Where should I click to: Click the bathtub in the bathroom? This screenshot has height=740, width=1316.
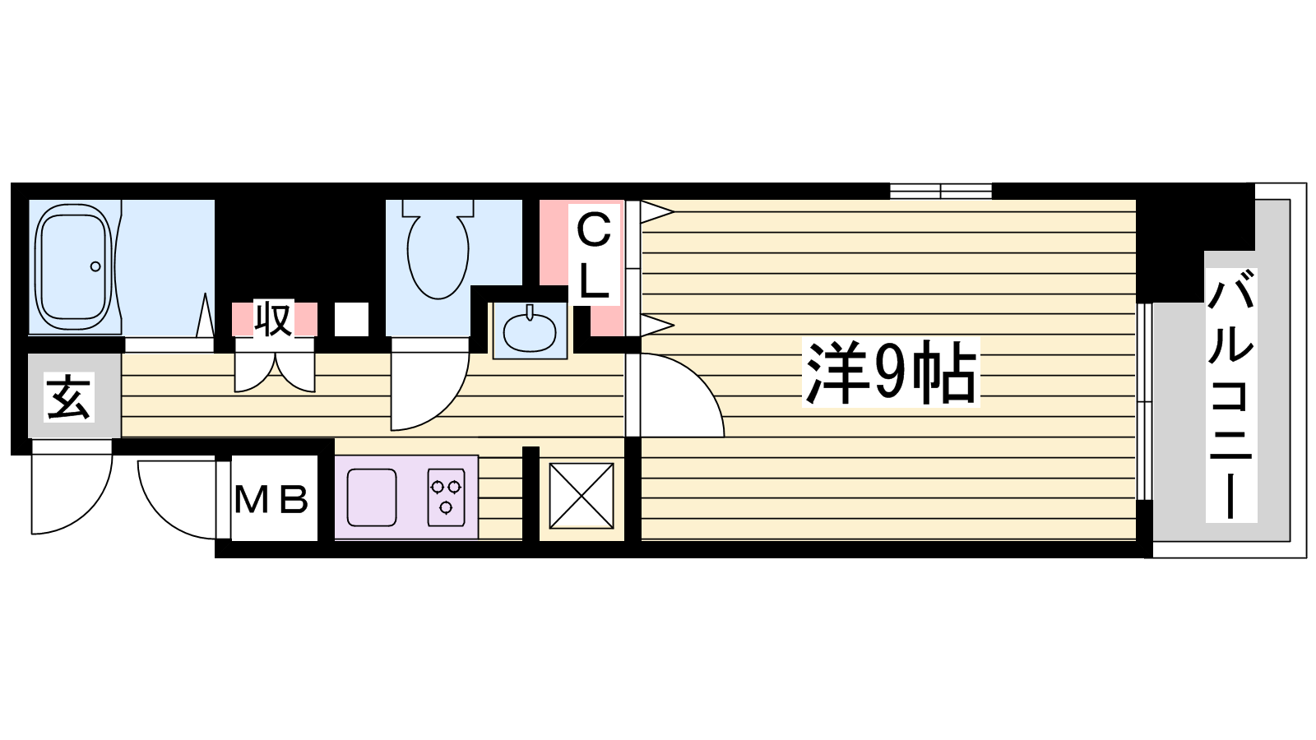(74, 266)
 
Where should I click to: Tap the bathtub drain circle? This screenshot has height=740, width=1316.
(95, 266)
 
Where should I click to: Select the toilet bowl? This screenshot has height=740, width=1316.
(438, 249)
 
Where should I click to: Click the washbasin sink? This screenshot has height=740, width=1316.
(530, 330)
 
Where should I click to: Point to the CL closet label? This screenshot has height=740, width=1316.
(594, 254)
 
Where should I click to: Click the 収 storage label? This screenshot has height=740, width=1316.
(274, 320)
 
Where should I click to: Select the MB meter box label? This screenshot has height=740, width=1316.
(271, 498)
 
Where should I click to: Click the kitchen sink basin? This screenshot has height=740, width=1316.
(372, 497)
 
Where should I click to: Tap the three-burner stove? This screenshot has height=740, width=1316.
(447, 497)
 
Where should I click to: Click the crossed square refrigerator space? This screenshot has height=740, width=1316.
(581, 496)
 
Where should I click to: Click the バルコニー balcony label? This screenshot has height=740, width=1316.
(1230, 395)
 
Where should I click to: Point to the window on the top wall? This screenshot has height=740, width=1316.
(941, 191)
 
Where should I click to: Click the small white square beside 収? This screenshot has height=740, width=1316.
(351, 320)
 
